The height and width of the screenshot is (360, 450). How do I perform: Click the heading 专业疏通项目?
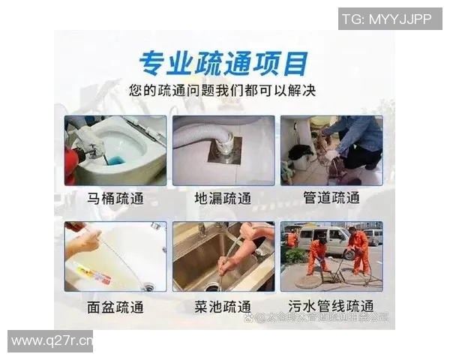(223, 62)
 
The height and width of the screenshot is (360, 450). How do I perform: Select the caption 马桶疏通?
(115, 199)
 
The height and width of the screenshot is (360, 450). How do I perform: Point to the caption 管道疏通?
(331, 199)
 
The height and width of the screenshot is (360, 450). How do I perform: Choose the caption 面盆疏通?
(115, 307)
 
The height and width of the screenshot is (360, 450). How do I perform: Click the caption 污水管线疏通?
(331, 307)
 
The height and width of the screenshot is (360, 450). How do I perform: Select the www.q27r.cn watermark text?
(51, 341)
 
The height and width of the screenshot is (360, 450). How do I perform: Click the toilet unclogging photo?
(115, 150)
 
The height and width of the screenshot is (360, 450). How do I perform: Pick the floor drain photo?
(223, 150)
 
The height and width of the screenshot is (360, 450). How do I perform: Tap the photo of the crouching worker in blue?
(331, 150)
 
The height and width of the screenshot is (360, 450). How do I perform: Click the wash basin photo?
(115, 256)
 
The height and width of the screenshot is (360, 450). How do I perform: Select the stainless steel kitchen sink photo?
(223, 256)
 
